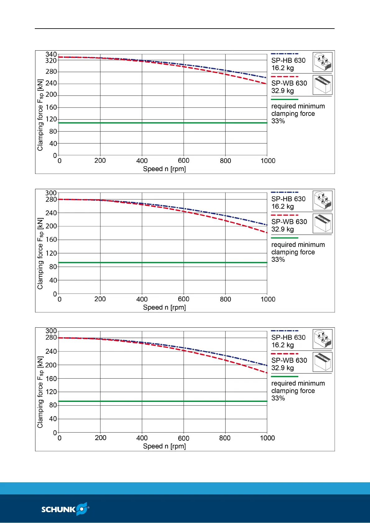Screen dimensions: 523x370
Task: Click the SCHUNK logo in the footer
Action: (65, 509)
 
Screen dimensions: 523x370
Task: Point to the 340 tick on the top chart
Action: (51, 54)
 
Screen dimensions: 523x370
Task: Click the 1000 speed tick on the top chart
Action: (268, 161)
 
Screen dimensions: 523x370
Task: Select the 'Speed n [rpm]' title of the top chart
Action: (164, 169)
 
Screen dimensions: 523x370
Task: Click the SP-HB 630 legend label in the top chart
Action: (288, 61)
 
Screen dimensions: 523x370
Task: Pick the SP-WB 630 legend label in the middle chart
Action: (289, 222)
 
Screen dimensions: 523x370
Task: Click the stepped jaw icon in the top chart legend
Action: (322, 62)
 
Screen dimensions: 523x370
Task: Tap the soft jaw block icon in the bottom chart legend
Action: (322, 362)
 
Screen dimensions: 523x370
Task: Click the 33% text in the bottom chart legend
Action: (278, 398)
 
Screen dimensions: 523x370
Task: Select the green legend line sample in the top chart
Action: (285, 99)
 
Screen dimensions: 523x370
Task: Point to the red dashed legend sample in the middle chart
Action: (285, 215)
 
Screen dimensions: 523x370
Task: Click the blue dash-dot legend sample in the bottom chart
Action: (285, 331)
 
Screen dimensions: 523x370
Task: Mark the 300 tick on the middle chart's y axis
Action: (51, 193)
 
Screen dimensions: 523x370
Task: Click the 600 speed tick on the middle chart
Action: (184, 299)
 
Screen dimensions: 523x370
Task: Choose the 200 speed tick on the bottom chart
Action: (100, 438)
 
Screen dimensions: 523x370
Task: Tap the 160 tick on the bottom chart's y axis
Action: (51, 379)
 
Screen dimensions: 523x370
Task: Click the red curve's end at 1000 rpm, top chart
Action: (266, 84)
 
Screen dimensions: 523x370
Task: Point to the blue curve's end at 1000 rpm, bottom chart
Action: (267, 365)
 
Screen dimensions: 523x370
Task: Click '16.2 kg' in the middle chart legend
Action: (282, 207)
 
